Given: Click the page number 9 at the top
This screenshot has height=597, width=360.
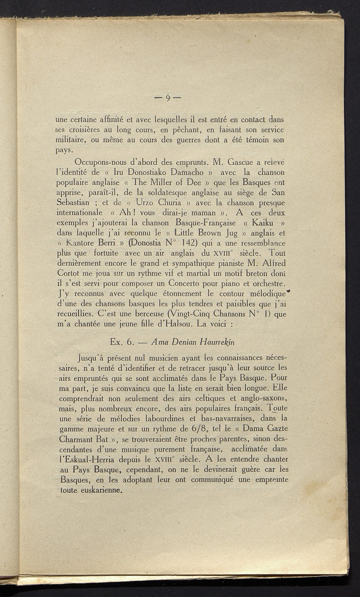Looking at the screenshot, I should (x=168, y=97).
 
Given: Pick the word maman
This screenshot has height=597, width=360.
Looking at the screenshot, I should (x=200, y=213).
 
